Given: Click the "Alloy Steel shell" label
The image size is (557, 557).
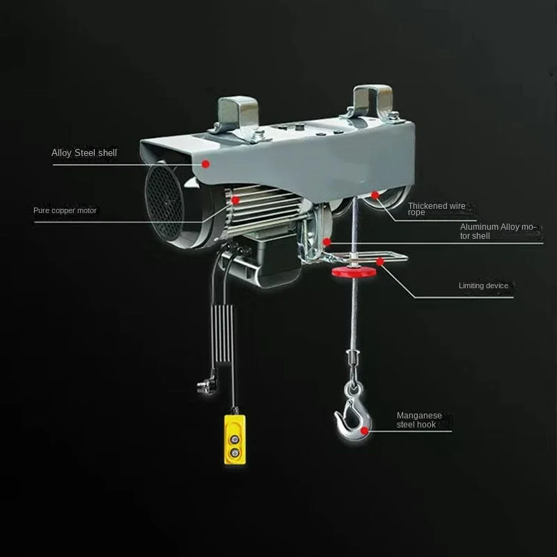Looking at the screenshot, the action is click(84, 153).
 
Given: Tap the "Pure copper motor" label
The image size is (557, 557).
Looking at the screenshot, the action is click(65, 211).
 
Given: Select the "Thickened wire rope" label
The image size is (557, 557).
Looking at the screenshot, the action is click(437, 209).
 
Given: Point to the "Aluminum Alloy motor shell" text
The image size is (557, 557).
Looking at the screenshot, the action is click(498, 231).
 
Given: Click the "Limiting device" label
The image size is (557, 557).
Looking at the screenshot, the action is click(483, 285).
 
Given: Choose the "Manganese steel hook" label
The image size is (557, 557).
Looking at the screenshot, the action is click(419, 420).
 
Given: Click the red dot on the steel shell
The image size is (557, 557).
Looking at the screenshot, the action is click(205, 164).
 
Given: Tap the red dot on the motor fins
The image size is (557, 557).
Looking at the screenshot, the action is click(235, 201).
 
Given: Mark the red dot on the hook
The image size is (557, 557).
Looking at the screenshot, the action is click(364, 431).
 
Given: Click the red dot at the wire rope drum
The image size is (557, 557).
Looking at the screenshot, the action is click(375, 195).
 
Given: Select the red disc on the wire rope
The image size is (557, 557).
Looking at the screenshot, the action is click(354, 272).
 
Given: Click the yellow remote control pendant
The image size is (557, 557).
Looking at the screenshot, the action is click(235, 439).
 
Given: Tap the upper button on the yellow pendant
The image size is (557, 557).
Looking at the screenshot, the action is click(234, 439).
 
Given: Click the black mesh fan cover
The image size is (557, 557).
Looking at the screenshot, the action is click(164, 203).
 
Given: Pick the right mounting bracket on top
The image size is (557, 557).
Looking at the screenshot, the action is click(373, 103).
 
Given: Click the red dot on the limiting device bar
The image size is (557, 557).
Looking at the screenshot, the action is click(380, 262).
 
